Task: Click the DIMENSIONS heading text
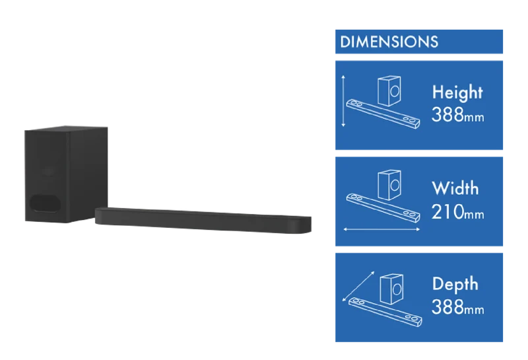[x=389, y=42]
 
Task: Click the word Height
[x=457, y=92]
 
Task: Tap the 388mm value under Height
[x=457, y=115]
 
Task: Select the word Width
[x=455, y=188]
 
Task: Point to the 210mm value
[x=457, y=212]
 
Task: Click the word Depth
[x=455, y=284]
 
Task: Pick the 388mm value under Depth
[x=457, y=307]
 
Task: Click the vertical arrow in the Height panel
[x=343, y=101]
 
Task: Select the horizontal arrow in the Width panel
[x=381, y=230]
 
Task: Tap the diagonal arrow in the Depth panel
[x=358, y=286]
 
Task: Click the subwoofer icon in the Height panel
[x=389, y=90]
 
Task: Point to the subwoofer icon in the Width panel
[x=389, y=185]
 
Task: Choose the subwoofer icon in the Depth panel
[x=391, y=289]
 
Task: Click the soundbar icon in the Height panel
[x=383, y=114]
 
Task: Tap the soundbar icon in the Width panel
[x=383, y=208]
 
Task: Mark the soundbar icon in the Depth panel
[x=385, y=312]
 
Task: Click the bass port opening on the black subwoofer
[x=45, y=203]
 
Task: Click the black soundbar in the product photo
[x=203, y=220]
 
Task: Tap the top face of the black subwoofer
[x=67, y=129]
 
